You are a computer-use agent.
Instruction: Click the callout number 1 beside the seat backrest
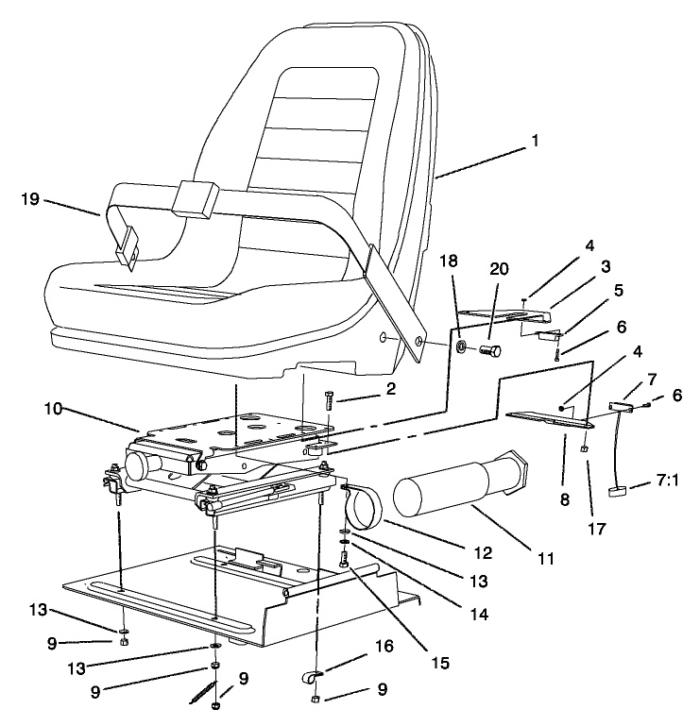click(535, 142)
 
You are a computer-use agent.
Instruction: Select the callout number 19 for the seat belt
click(31, 198)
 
